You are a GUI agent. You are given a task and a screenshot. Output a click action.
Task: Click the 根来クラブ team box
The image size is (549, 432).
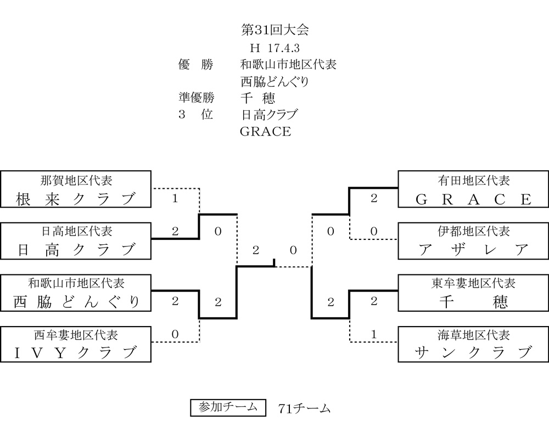pos(76,189)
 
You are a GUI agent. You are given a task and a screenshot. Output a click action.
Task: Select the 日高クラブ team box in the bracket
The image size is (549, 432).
pos(76,241)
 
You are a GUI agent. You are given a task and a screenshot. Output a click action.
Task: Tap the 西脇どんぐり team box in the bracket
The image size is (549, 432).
pos(76,293)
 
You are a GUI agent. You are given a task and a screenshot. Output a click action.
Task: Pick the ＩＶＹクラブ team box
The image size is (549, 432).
pos(76,344)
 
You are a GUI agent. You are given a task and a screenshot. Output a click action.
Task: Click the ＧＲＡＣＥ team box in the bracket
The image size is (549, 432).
pos(473,189)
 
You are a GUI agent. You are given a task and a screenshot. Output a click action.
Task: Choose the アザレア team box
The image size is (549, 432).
pos(473,241)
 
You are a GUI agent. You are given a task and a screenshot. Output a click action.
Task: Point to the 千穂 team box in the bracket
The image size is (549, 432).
pos(473,293)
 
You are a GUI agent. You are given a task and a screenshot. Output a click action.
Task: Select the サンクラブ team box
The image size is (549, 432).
pos(473,344)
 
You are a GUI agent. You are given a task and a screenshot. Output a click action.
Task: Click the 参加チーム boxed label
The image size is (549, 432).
pos(228,407)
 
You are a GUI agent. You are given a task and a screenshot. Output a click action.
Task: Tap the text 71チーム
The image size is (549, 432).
pos(304,408)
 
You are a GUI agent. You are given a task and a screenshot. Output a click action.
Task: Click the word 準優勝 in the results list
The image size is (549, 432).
pos(197,98)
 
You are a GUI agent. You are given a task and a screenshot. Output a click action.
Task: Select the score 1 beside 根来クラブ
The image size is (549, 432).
pos(175,199)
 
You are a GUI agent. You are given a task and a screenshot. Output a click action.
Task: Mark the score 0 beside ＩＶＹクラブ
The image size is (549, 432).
pos(175,334)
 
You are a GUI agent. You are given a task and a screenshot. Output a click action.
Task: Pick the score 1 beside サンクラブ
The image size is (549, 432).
pos(374,334)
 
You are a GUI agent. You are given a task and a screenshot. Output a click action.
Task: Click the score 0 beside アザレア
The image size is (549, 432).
pos(374,232)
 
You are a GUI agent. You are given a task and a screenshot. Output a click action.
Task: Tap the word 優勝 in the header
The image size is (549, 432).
pos(196,64)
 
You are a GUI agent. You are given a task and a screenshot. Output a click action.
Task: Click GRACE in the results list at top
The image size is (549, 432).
pos(265,132)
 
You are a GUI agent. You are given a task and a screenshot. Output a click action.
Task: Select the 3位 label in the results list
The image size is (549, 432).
pos(196,115)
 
